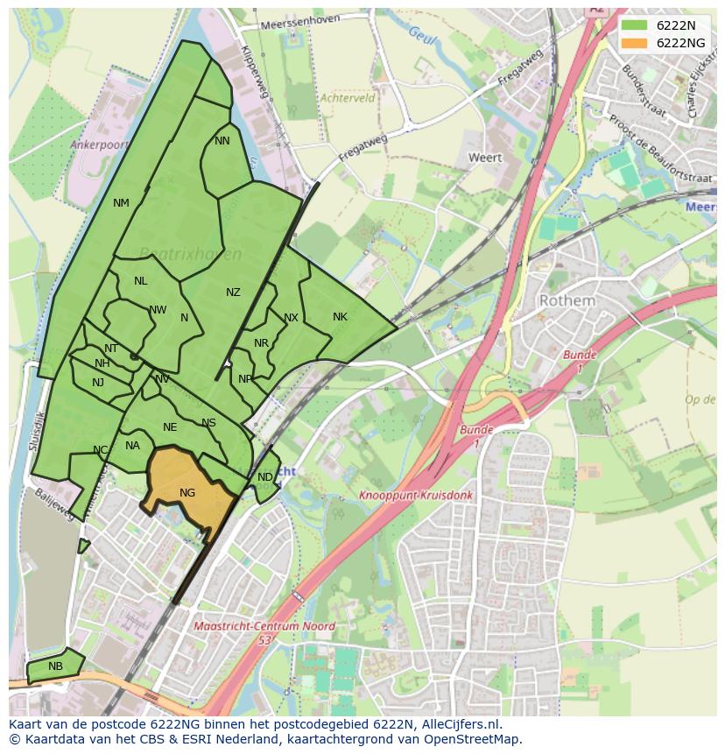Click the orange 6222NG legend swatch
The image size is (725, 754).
pos(636,43)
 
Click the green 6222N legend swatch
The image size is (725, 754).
pos(636,25)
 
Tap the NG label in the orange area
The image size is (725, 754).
pos(187,492)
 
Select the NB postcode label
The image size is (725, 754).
pos(56,666)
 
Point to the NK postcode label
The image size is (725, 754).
pos(340,317)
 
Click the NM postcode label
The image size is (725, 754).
pos(121,203)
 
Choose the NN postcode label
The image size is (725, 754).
pos(222,141)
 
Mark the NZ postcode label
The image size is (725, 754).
pos(233,292)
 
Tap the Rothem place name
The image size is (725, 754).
pos(567,300)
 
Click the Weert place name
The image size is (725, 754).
pos(485,158)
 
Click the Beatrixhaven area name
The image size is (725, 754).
pos(190,254)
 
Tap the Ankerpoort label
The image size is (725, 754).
pos(100,144)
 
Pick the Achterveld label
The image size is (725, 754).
pos(348,99)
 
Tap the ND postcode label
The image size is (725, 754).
pos(264,477)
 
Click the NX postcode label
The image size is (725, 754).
pos(291,318)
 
